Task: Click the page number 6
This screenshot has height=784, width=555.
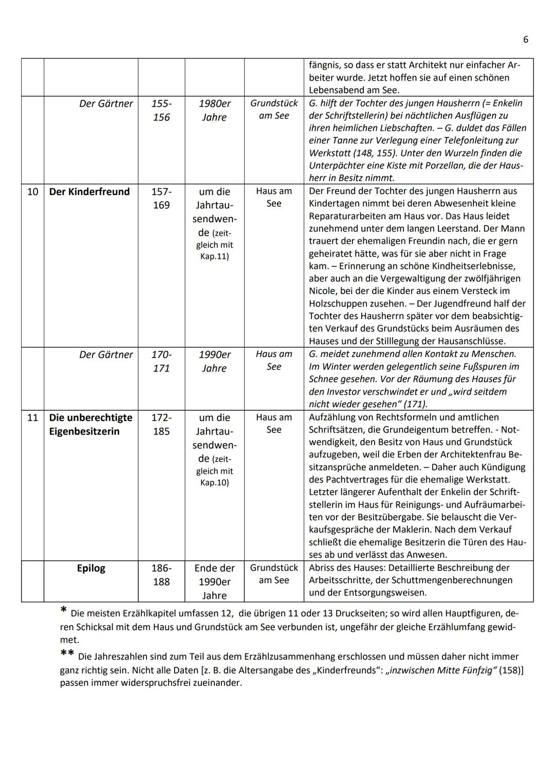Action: (x=526, y=40)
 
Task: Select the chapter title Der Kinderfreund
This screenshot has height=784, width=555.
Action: (x=89, y=192)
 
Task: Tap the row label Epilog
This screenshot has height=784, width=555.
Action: (x=91, y=568)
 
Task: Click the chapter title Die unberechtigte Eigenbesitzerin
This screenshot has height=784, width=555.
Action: (x=91, y=424)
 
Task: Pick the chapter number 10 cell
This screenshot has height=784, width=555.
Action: (x=32, y=192)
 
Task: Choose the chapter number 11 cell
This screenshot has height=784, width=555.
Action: (x=32, y=417)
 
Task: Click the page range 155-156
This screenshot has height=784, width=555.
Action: (x=161, y=110)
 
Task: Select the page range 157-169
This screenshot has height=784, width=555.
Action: (x=161, y=198)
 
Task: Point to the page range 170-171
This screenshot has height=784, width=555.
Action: (x=161, y=361)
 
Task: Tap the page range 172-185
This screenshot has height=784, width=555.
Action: (x=161, y=424)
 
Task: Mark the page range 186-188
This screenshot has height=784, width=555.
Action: (x=161, y=575)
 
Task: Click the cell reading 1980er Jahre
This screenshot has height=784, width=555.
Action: (x=214, y=110)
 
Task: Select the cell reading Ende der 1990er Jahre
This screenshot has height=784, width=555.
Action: (x=214, y=582)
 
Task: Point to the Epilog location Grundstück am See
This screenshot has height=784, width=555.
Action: (x=274, y=574)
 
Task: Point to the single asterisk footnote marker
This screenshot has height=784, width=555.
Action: (x=63, y=610)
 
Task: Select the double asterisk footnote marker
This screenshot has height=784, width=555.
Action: (x=67, y=653)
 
